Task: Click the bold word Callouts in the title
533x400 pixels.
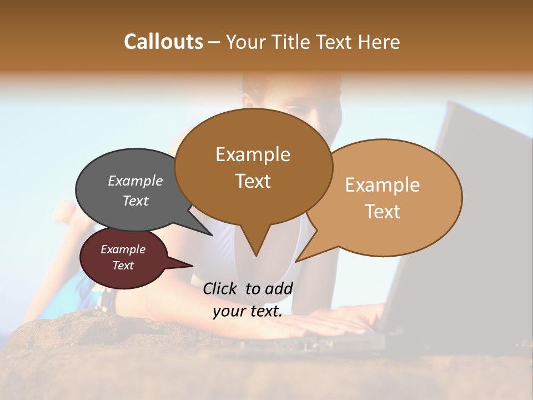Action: click(163, 42)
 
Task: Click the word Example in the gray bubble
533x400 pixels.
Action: click(135, 181)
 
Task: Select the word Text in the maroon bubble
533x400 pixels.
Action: click(123, 266)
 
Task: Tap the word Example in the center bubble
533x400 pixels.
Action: click(253, 154)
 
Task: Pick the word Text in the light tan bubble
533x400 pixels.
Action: click(383, 212)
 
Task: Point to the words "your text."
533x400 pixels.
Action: click(247, 311)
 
